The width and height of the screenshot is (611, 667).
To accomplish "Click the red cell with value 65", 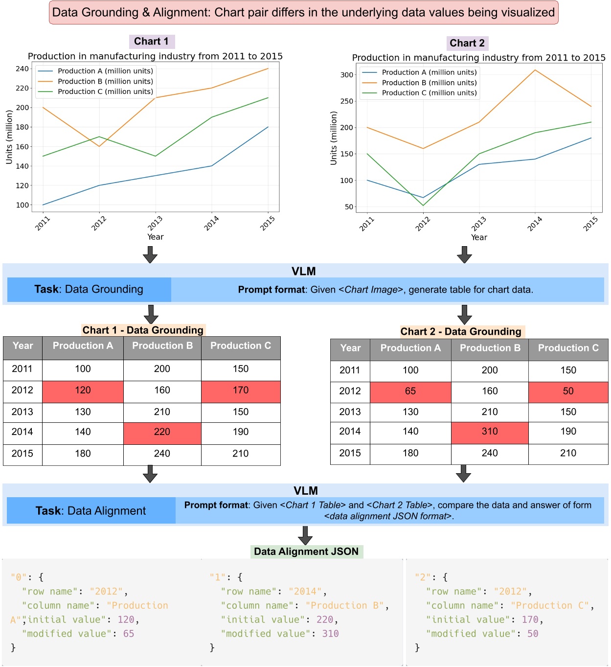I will [410, 391].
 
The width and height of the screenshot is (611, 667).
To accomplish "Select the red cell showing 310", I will [489, 432].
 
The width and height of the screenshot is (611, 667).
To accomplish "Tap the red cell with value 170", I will [240, 391].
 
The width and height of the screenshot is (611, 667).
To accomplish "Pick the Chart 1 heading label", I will [151, 42].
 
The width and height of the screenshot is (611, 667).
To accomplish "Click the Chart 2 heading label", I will [467, 43].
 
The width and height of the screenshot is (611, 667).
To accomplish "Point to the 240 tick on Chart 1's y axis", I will [22, 69].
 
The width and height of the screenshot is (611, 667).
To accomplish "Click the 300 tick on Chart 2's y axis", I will [347, 75].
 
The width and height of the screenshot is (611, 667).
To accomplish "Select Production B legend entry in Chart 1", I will [105, 81].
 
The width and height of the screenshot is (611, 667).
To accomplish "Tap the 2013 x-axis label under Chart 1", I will [155, 223].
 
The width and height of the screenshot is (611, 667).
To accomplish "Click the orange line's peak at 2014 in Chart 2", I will [535, 70].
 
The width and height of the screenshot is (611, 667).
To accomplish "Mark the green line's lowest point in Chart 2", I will [423, 205].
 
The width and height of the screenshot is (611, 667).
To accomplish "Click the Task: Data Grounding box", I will [89, 289].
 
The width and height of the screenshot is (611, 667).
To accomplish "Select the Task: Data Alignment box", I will [91, 511].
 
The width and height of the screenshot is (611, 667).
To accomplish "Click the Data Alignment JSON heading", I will [306, 552].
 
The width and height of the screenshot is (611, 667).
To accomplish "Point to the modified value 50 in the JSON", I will [532, 634].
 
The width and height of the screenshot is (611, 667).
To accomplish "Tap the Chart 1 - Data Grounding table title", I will [142, 330].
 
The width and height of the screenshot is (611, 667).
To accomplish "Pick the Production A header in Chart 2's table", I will [410, 348].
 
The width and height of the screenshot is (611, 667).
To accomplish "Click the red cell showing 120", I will [83, 391].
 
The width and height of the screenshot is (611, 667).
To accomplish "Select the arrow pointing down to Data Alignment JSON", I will [305, 535].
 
